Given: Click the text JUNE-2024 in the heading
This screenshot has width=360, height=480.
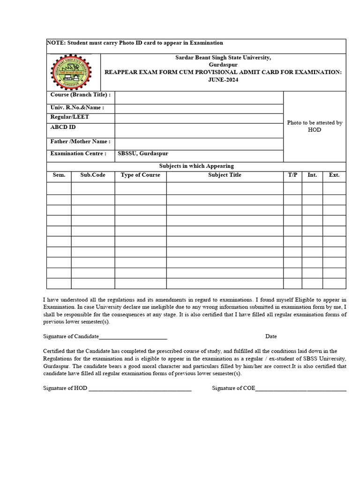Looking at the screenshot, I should coord(223,80).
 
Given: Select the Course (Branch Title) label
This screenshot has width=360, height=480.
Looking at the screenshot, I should coord(80,95).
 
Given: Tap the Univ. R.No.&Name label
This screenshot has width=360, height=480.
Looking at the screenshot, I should coord(77,107).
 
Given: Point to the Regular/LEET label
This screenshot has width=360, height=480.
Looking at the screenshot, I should coord(69,117).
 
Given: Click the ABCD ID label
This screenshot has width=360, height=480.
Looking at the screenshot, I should coord(63,127).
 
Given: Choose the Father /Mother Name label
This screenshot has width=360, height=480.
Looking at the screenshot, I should coord(80,141).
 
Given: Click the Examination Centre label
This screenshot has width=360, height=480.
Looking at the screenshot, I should coord(78,153).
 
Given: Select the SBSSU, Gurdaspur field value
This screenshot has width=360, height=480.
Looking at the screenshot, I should coord(142,154).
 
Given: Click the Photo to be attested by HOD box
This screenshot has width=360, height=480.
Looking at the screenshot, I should coord(315,126).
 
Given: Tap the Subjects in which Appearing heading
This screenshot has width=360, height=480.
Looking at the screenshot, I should coord(196,166).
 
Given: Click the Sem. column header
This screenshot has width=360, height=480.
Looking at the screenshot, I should coord(59,175).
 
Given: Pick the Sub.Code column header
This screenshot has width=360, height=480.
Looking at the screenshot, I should coord(93,175).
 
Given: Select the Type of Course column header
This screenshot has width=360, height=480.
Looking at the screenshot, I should coord(140,175).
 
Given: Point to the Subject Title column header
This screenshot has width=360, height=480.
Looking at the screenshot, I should coord(225,175).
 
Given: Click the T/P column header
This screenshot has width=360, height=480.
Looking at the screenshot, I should coord(292,175).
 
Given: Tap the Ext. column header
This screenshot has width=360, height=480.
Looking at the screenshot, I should coord(334,175).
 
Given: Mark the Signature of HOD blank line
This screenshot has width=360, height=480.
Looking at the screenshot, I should coord(140,389).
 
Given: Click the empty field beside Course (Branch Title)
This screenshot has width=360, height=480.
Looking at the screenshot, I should coord(199,97).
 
